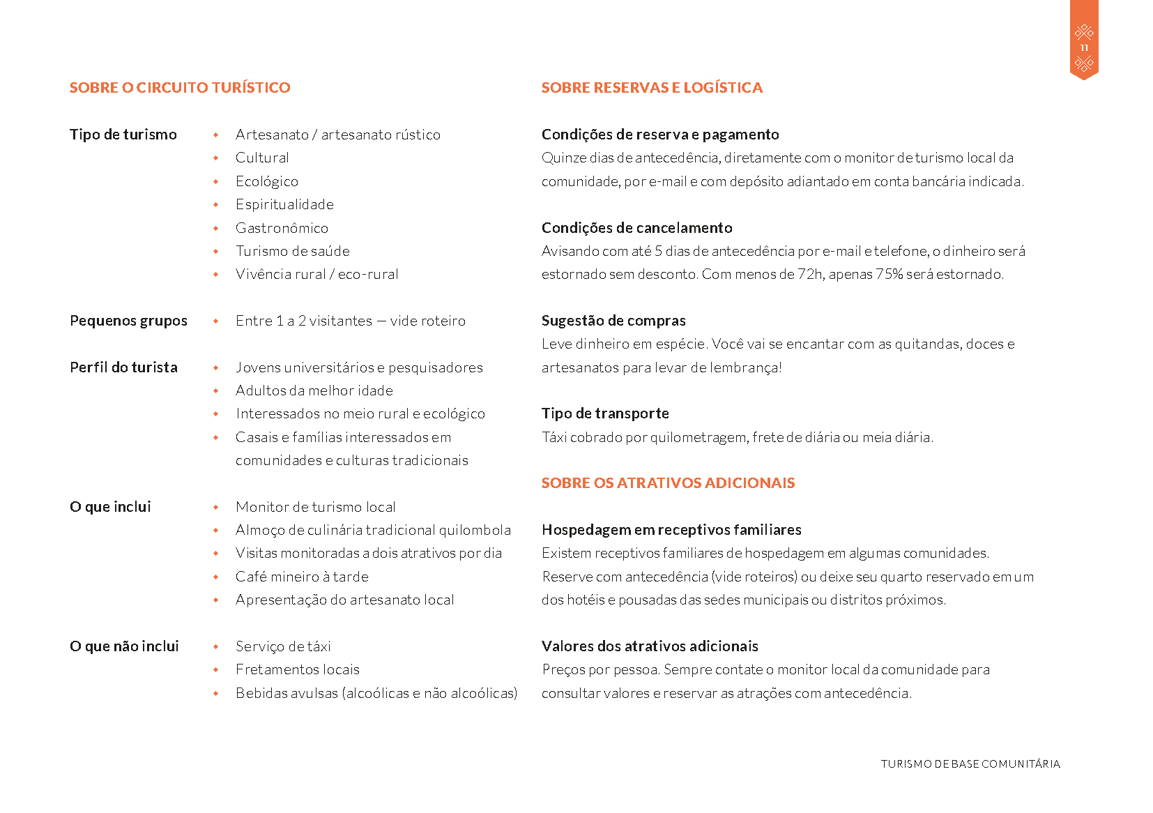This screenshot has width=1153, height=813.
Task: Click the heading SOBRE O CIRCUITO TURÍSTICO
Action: coord(180,88)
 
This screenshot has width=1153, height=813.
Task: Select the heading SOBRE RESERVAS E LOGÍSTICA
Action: coord(652,88)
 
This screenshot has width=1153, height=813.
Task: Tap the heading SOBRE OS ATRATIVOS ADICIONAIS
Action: coord(668,483)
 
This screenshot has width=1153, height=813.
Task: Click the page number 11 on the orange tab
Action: coord(1084,48)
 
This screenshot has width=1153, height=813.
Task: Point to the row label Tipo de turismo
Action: coord(123,135)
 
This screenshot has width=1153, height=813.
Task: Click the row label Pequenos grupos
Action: coord(128,321)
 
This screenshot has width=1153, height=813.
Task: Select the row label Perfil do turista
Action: coord(123,367)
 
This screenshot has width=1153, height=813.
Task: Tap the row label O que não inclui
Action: coord(124,646)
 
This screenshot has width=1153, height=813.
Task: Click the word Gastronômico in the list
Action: coord(282,228)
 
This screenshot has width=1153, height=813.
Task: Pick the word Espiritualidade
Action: coord(284,204)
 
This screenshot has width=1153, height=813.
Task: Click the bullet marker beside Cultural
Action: coord(216,158)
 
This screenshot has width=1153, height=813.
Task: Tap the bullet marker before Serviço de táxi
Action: coord(216,647)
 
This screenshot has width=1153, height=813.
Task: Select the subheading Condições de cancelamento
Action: coord(636,228)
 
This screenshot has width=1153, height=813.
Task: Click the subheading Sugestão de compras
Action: coord(613,321)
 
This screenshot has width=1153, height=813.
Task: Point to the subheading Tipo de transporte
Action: coord(605,413)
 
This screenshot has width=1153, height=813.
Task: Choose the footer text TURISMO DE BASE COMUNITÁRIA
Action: coord(970,764)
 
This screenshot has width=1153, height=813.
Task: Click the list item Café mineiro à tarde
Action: coord(302,577)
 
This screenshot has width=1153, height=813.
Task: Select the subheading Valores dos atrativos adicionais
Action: coord(650,646)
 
